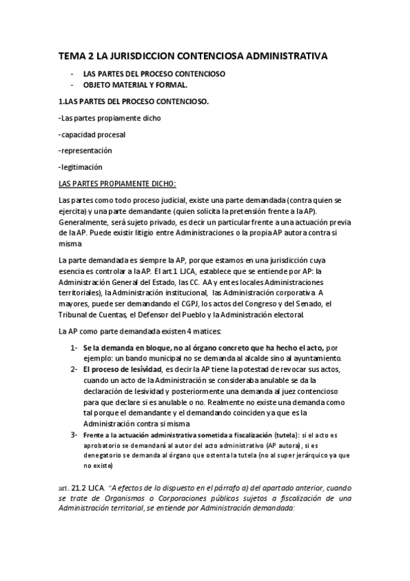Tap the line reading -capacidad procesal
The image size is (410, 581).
(92, 134)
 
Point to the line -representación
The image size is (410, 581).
(86, 151)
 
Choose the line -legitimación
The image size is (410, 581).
(81, 167)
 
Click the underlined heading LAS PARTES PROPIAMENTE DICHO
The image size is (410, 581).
(117, 184)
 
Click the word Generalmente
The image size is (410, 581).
(84, 222)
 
